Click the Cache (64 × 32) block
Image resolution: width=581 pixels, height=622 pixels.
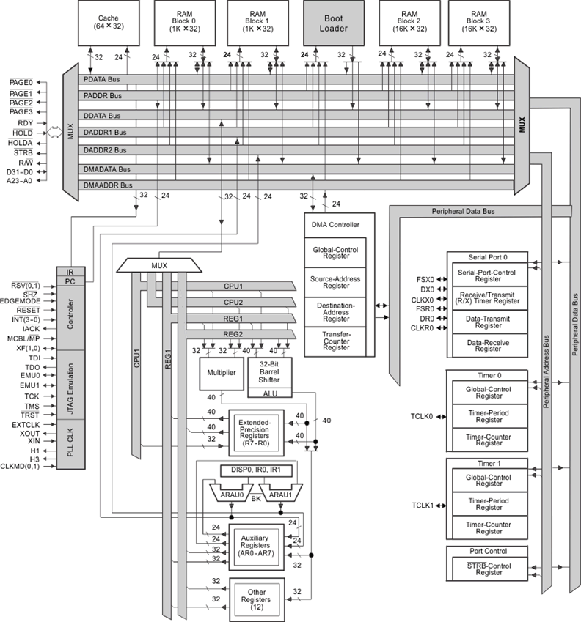[x=109, y=23]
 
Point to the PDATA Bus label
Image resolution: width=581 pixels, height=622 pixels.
[x=102, y=80]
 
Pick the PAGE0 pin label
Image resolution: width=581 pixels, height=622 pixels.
[x=20, y=83]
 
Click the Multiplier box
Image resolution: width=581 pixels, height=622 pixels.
[x=221, y=373]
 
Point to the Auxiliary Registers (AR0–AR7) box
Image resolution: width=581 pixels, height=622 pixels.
[x=255, y=547]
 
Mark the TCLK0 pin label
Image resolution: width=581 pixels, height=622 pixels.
[x=423, y=417]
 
